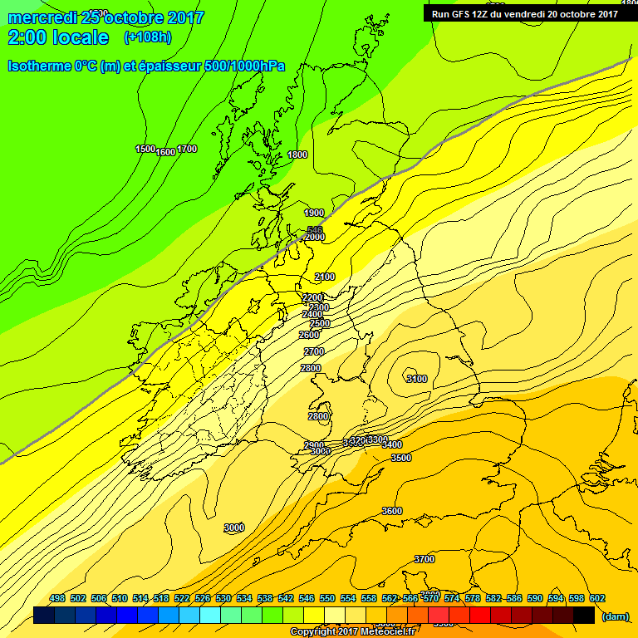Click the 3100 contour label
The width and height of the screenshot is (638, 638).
click(416, 379)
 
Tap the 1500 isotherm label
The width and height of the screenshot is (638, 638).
click(145, 149)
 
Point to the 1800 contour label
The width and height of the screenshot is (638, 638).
click(297, 155)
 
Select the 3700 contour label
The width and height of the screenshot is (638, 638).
click(425, 559)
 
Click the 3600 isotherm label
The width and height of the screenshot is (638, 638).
click(392, 511)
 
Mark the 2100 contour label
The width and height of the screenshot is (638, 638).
click(325, 277)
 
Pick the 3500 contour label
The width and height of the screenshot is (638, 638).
click(401, 458)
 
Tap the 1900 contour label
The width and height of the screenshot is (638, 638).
click(314, 213)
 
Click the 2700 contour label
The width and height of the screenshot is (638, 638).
click(313, 351)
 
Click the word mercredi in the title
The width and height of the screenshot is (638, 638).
click(42, 17)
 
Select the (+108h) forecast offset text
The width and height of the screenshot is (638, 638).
click(148, 37)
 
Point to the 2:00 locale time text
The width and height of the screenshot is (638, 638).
click(57, 37)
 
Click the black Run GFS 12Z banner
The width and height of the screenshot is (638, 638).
click(525, 13)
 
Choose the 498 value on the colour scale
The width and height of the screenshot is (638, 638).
click(57, 598)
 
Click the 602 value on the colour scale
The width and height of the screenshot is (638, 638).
click(597, 598)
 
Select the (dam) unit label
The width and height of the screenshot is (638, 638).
click(614, 616)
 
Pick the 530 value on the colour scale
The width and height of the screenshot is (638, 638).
click(223, 598)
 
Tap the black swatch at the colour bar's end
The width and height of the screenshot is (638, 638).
click(583, 615)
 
